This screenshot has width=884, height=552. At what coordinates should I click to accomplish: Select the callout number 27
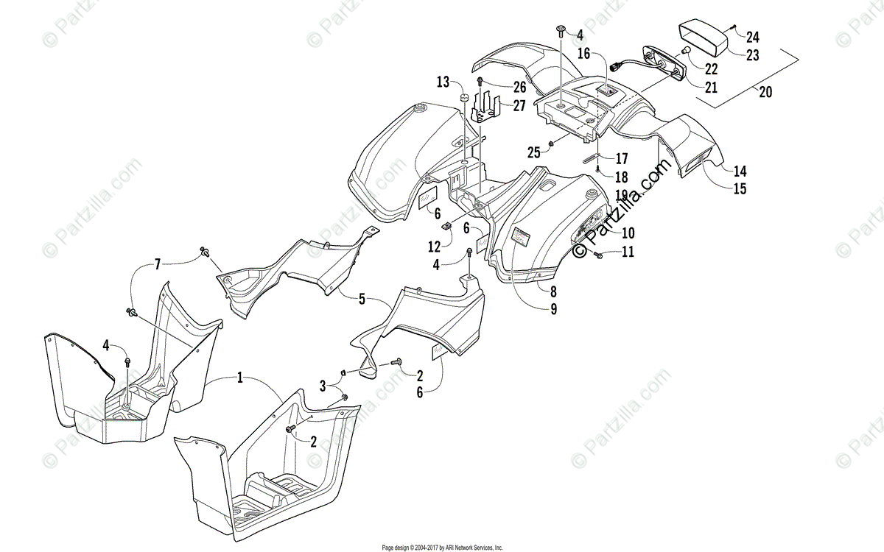coord(519,105)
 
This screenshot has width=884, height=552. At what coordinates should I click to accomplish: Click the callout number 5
coord(362,299)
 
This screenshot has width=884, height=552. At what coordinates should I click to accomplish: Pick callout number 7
coord(157,263)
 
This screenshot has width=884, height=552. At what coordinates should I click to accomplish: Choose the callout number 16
coord(583,53)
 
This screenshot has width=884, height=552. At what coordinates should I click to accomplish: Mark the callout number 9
coord(552,310)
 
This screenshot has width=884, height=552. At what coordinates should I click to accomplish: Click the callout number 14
coord(740,170)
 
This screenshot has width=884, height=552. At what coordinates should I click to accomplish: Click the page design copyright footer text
coord(442,548)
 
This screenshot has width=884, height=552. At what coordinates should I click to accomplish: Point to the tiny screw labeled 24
coord(735,26)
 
